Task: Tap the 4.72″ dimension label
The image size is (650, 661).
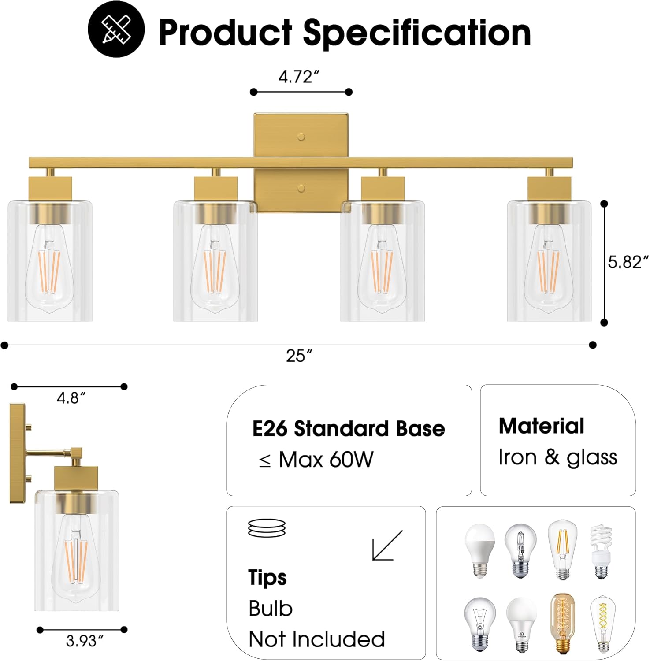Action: click(x=298, y=77)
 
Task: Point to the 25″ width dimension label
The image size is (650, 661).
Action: click(x=299, y=355)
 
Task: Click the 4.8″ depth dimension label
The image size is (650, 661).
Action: click(x=71, y=398)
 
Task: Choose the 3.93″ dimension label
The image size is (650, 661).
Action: click(x=85, y=641)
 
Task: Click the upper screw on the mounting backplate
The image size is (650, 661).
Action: click(x=301, y=137)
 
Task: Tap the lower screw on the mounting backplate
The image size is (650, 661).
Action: click(x=301, y=189)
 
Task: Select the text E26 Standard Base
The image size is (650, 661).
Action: click(x=349, y=428)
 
